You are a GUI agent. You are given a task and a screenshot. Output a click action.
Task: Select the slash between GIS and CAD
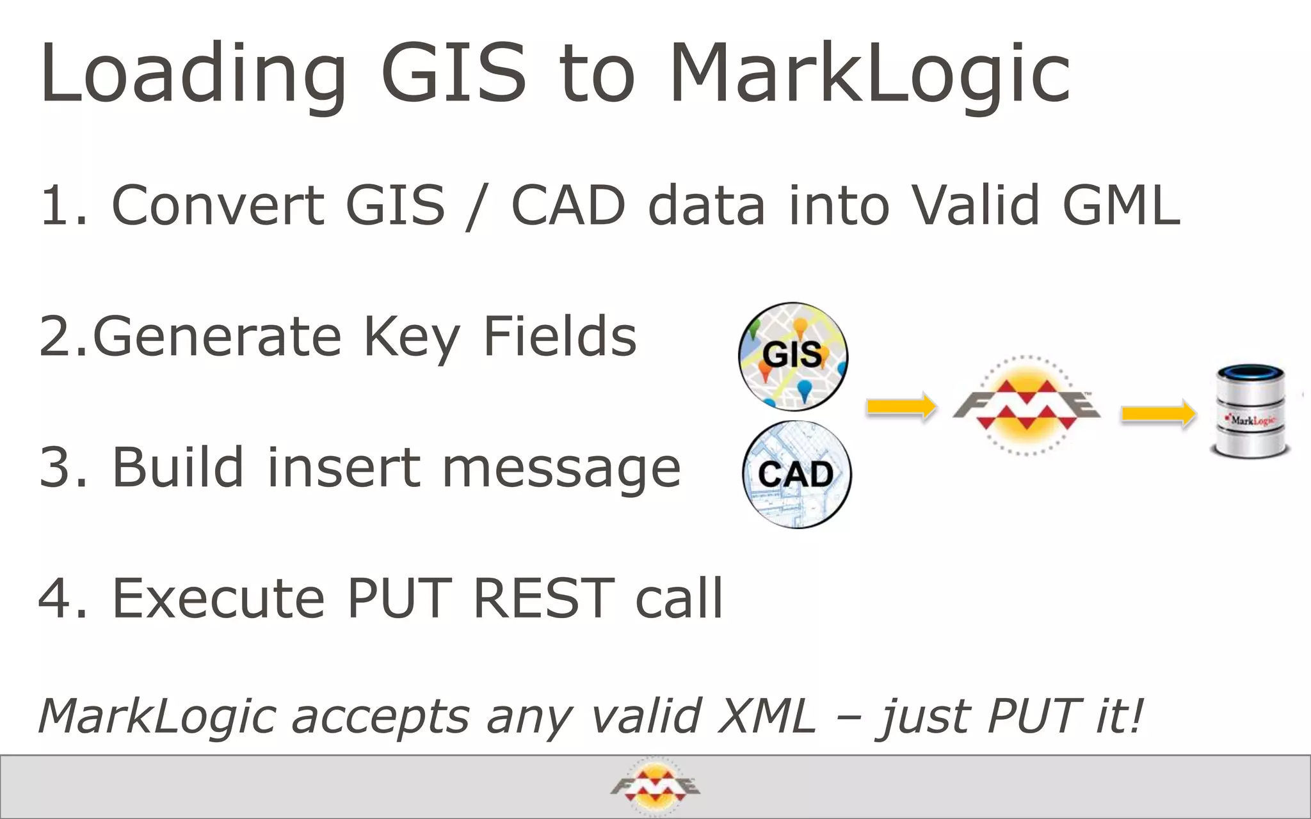point(477,206)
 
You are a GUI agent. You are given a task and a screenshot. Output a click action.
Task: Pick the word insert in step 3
point(342,468)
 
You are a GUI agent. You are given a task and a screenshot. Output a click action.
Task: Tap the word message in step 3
point(561,468)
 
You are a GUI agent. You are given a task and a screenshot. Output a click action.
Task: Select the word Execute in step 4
point(218,598)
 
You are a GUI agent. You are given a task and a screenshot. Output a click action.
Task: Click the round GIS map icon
point(792,356)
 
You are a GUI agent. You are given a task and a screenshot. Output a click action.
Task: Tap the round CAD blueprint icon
point(797,474)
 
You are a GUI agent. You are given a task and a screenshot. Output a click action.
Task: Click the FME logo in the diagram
point(1026,406)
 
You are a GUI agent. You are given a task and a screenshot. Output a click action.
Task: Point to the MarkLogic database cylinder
point(1251,411)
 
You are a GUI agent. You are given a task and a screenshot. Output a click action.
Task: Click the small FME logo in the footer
point(655,786)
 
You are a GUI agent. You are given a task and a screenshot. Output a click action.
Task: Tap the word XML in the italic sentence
point(767,716)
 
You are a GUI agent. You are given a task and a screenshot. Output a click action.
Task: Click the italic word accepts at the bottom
point(380,716)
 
